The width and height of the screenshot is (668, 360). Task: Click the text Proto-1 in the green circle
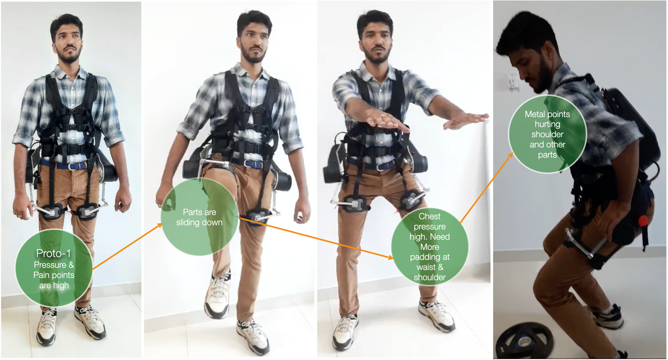tap(54, 254)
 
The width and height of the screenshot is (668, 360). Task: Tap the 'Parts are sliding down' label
tap(199, 217)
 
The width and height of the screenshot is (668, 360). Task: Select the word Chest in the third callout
tap(429, 216)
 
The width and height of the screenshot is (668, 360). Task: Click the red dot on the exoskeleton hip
tap(643, 221)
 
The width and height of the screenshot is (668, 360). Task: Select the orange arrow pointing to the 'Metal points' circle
tap(486, 188)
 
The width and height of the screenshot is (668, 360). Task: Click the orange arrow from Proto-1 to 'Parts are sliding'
tap(127, 247)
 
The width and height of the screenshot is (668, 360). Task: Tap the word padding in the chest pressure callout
tap(430, 257)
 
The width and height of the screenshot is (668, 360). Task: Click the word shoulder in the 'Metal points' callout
tap(547, 134)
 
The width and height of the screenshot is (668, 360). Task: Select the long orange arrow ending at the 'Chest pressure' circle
tap(317, 238)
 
